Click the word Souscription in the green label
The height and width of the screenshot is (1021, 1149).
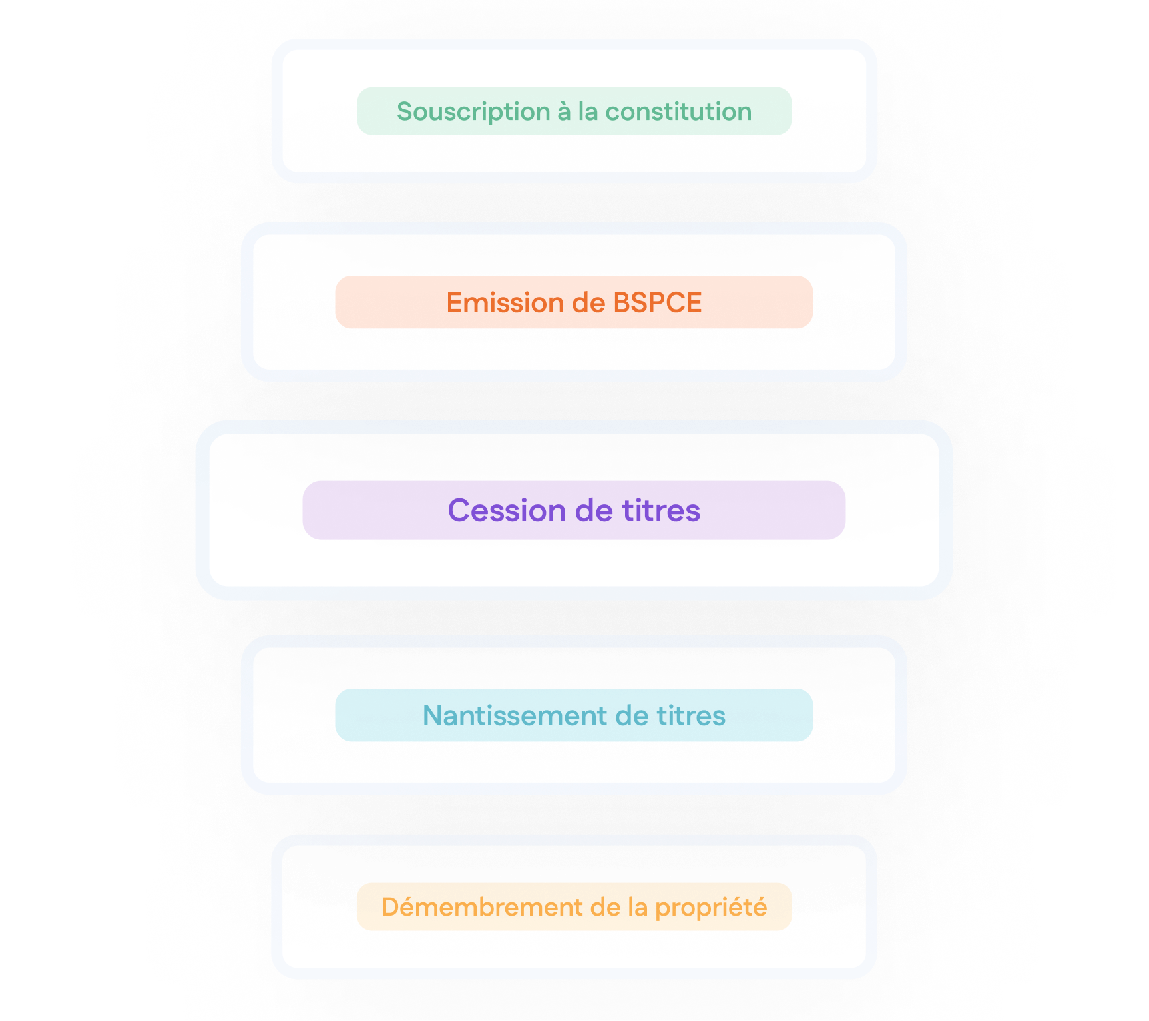tap(473, 112)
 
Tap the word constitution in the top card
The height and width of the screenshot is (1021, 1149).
tap(678, 112)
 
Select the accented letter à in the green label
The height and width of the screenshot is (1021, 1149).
tap(565, 112)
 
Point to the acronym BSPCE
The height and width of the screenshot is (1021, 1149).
tap(657, 303)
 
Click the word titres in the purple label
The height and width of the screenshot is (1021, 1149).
tap(661, 511)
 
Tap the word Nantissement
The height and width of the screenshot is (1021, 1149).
tap(515, 716)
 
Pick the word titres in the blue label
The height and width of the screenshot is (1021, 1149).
tap(691, 716)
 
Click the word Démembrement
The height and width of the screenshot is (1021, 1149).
tap(482, 908)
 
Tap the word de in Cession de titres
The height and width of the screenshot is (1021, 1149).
tap(594, 511)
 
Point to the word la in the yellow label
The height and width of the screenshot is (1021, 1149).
tap(638, 908)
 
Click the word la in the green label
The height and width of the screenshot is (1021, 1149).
tap(588, 112)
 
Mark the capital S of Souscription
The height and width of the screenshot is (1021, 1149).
tap(404, 112)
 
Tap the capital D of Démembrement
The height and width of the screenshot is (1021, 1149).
tap(390, 908)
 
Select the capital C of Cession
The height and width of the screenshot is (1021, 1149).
tap(459, 511)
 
